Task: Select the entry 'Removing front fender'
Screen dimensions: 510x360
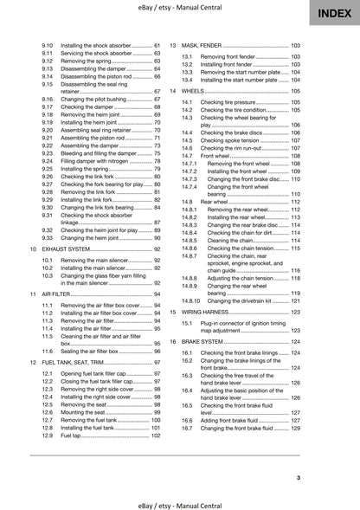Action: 237,55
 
